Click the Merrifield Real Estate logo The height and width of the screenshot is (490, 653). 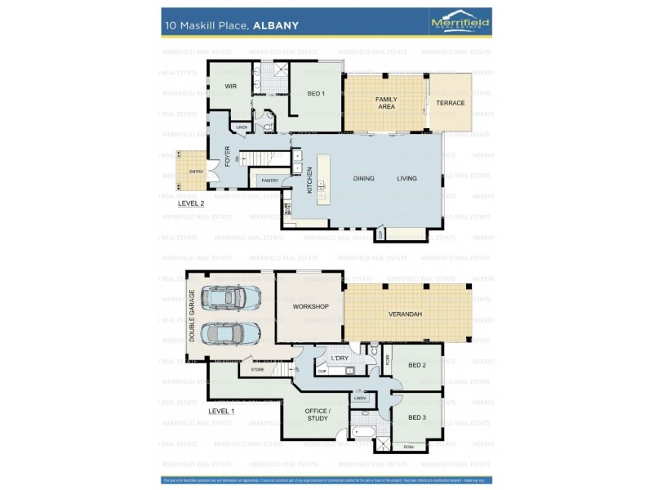pyautogui.click(x=460, y=24)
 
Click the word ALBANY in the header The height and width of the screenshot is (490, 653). pyautogui.click(x=276, y=25)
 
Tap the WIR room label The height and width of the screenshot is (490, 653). pyautogui.click(x=230, y=86)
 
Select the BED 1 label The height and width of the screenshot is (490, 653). pyautogui.click(x=316, y=93)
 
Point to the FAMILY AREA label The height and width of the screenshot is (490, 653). pyautogui.click(x=385, y=103)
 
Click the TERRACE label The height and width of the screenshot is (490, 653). pyautogui.click(x=450, y=103)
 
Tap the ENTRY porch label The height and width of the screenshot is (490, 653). pyautogui.click(x=196, y=171)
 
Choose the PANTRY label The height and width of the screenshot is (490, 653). pyautogui.click(x=270, y=180)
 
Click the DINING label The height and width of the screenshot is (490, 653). pyautogui.click(x=363, y=178)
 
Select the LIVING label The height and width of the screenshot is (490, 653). pyautogui.click(x=406, y=178)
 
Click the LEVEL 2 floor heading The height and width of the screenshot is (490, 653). pyautogui.click(x=191, y=204)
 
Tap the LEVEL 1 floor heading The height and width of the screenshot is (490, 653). pyautogui.click(x=221, y=411)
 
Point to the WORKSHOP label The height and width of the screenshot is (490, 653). pyautogui.click(x=310, y=306)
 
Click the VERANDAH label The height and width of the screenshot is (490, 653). pyautogui.click(x=405, y=314)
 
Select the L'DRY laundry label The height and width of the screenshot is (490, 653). pyautogui.click(x=340, y=359)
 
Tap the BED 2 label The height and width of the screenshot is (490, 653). pyautogui.click(x=417, y=365)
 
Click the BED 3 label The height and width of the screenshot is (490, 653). pyautogui.click(x=417, y=417)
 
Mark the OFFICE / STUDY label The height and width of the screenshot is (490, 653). pyautogui.click(x=317, y=414)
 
